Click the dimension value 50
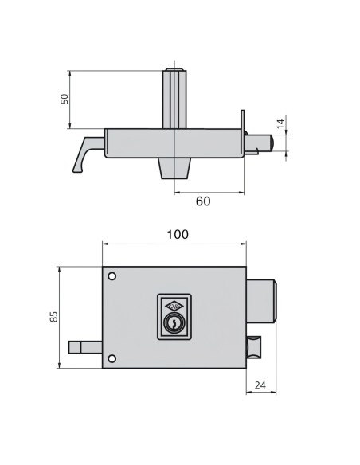pyautogui.click(x=66, y=99)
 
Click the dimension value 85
pyautogui.click(x=53, y=317)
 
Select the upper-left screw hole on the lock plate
pyautogui.click(x=112, y=277)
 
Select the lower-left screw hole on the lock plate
pyautogui.click(x=112, y=357)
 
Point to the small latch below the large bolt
pyautogui.click(x=253, y=349)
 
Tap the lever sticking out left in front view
pyautogui.click(x=86, y=346)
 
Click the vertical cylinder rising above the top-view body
pyautogui.click(x=174, y=98)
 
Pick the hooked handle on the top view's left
pyautogui.click(x=85, y=151)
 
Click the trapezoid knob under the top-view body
pyautogui.click(x=174, y=169)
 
